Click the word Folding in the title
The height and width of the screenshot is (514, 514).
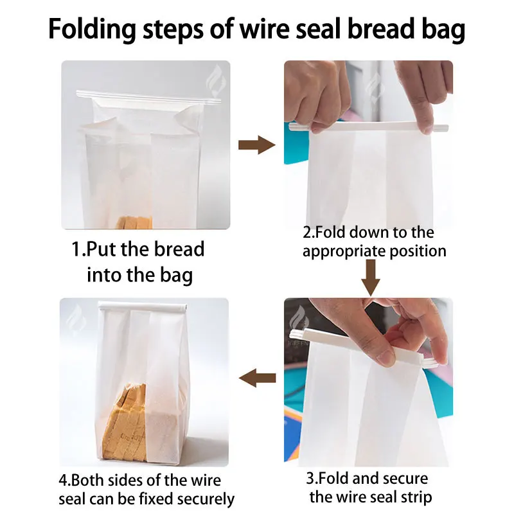tap(91, 30)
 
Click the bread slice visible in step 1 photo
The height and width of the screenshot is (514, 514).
tap(134, 222)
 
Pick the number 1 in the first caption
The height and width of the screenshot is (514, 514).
tap(77, 249)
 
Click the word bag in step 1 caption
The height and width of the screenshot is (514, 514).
tap(178, 276)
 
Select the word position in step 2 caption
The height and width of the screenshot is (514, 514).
tap(417, 251)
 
